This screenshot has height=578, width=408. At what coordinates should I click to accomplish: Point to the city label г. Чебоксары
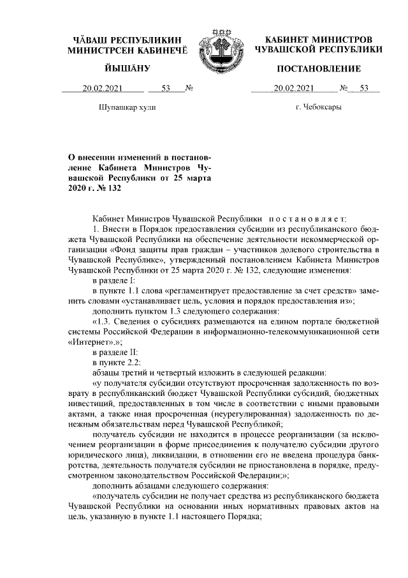pos(318,107)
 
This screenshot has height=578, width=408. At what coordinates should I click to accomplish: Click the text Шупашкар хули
pos(127,107)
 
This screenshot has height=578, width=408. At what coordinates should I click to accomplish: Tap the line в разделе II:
pos(115,352)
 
